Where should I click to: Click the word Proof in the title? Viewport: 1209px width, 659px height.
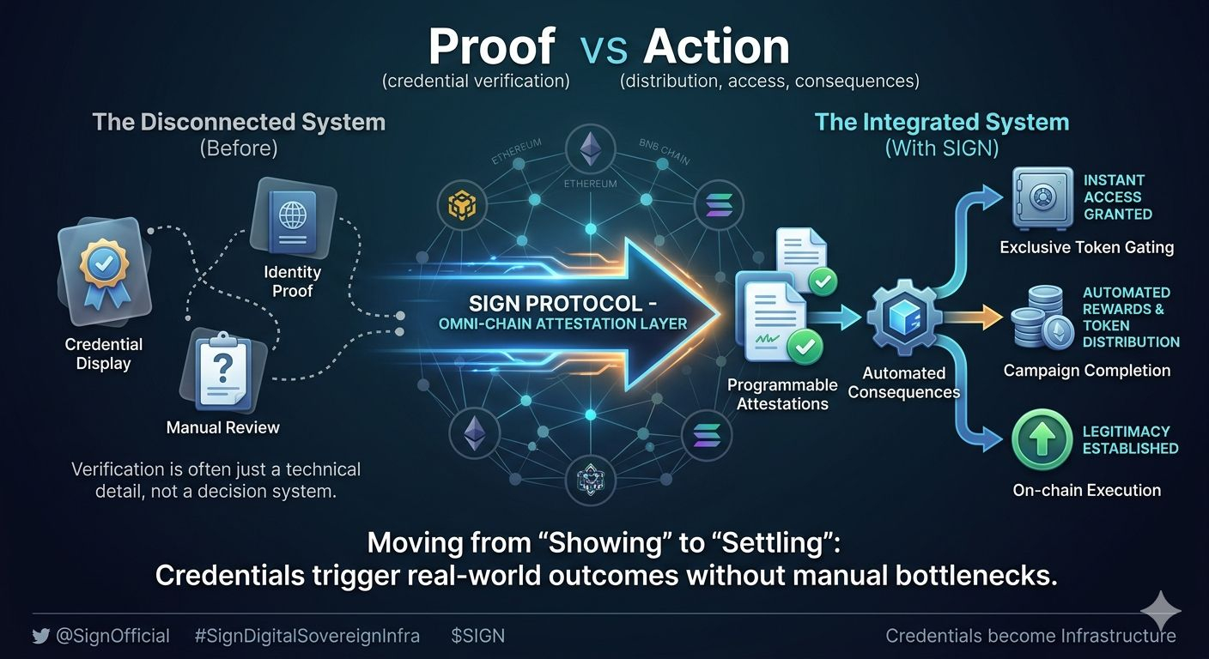(x=491, y=46)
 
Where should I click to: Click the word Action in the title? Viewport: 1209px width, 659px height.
(x=716, y=46)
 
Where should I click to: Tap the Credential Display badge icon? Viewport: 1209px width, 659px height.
(x=104, y=266)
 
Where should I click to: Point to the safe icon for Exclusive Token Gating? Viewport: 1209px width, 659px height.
(x=1042, y=198)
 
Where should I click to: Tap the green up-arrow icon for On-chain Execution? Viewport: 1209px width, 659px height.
(x=1042, y=439)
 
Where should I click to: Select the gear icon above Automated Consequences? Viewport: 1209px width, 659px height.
(x=902, y=318)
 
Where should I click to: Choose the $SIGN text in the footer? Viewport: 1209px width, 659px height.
(x=477, y=636)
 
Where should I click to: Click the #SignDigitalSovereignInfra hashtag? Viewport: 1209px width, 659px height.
(x=307, y=636)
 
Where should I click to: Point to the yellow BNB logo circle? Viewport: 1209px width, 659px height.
(x=456, y=204)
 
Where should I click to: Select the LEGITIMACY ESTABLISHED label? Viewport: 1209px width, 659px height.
(x=1130, y=439)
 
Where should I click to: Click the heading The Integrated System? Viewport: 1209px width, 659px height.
(x=942, y=122)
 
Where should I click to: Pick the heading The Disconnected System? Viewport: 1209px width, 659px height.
(x=239, y=122)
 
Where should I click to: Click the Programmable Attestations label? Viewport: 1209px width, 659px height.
(x=782, y=394)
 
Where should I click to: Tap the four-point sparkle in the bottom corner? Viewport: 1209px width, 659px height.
(x=1160, y=610)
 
